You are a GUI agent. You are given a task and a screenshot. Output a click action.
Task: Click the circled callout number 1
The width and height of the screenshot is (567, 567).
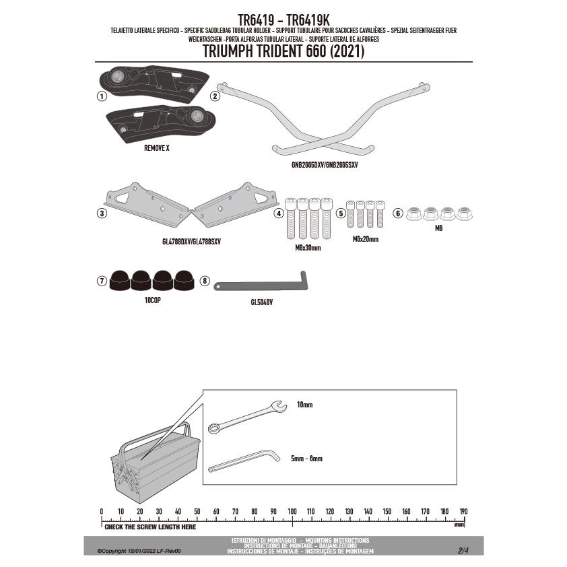(101, 96)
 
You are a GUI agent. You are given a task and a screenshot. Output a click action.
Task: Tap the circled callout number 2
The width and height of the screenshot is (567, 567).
(215, 96)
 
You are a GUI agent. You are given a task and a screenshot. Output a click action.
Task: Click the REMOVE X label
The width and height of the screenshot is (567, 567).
(156, 147)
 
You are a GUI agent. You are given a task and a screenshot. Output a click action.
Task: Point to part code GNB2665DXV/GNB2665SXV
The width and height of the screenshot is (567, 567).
(321, 164)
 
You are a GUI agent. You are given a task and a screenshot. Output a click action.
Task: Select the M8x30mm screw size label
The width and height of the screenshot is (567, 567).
(308, 248)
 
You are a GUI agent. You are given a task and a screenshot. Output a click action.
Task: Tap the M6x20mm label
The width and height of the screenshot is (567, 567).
(365, 239)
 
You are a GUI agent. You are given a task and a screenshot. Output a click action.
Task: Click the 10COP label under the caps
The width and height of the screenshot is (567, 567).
(152, 300)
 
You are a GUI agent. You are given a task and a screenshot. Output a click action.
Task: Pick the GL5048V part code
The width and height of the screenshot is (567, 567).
(261, 302)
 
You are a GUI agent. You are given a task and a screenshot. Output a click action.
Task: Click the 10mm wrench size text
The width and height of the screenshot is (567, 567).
(304, 405)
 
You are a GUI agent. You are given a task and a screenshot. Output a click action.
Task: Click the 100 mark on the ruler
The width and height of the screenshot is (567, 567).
(292, 512)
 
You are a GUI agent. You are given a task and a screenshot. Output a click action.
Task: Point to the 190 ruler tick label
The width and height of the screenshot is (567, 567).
(463, 512)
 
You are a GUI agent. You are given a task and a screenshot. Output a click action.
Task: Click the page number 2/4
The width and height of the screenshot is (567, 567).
(463, 550)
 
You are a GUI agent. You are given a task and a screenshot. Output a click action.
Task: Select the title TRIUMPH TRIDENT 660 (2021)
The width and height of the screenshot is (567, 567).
(283, 53)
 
